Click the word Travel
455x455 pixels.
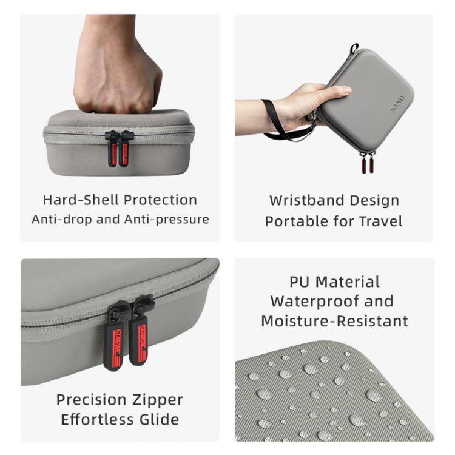pyautogui.click(x=379, y=221)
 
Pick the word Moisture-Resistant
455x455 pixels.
pyautogui.click(x=334, y=321)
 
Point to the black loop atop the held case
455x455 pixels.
pyautogui.click(x=354, y=49)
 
